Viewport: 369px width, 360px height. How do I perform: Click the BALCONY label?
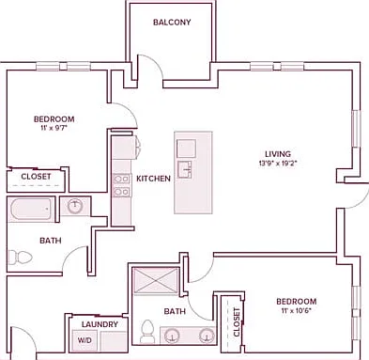[x=172, y=23]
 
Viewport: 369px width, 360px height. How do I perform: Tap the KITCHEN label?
[x=153, y=179]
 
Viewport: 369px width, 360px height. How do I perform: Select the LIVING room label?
[x=278, y=154]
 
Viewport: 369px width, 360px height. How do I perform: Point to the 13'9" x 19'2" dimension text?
[x=278, y=163]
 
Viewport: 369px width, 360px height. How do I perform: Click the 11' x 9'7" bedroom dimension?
[x=54, y=128]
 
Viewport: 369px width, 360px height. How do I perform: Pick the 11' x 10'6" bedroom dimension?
[x=296, y=310]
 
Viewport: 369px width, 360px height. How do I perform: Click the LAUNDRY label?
[x=100, y=324]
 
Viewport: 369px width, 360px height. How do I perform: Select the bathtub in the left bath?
[x=31, y=209]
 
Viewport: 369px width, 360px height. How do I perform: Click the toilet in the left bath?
[x=20, y=258]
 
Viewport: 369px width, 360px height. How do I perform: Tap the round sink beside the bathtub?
[x=75, y=206]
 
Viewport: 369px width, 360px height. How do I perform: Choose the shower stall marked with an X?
[x=156, y=281]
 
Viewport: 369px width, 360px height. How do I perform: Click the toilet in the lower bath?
[x=146, y=332]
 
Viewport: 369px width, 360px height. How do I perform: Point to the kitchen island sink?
[x=185, y=170]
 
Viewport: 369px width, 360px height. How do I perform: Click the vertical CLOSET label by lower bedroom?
[x=237, y=322]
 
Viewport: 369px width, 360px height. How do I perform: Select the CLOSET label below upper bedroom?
[x=36, y=177]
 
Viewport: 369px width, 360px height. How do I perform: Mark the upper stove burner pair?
[x=122, y=179]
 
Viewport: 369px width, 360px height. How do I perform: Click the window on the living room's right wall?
[x=357, y=129]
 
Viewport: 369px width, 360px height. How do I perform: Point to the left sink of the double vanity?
[x=172, y=336]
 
